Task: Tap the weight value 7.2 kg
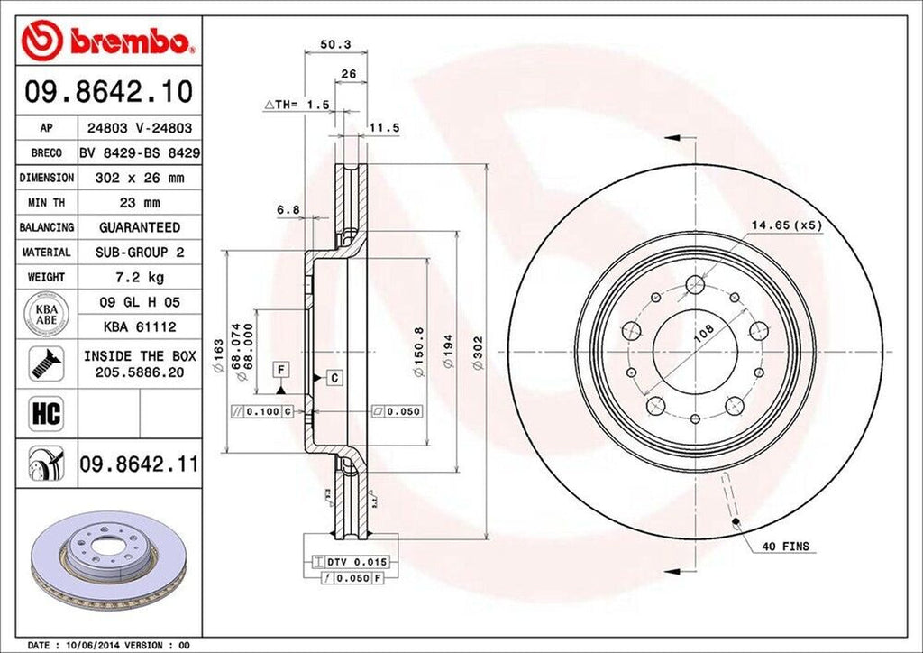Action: point(139,277)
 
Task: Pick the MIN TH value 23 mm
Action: point(139,203)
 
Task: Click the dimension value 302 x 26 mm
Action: point(139,179)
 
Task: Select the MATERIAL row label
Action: point(46,253)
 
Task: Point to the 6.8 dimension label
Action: point(288,210)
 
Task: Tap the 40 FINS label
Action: point(785,547)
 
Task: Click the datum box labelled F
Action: point(282,370)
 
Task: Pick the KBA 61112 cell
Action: point(139,326)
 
